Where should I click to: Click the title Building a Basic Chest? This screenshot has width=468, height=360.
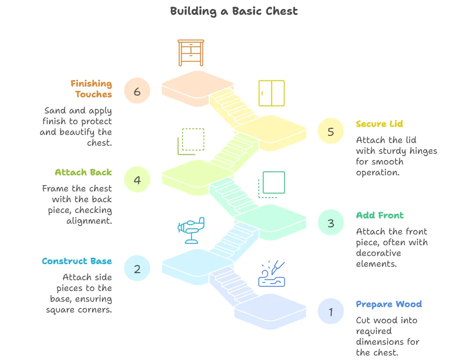234,11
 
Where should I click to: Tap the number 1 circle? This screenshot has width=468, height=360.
331,312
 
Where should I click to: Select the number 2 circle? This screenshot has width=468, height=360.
137,269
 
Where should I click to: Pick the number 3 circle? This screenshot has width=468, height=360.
331,223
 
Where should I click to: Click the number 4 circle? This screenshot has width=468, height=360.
137,180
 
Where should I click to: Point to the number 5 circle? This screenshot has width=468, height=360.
331,132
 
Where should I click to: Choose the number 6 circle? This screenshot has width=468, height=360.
137,91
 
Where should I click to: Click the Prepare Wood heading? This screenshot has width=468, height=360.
389,304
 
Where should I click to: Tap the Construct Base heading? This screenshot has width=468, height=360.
77,261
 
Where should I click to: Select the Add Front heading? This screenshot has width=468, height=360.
380,215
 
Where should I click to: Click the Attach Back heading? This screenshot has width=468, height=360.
83,172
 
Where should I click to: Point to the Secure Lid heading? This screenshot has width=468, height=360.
379,124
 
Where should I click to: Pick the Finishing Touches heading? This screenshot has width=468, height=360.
91,89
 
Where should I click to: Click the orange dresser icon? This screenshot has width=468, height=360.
191,52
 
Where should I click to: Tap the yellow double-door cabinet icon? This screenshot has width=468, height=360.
272,93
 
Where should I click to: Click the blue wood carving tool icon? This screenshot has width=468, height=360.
272,273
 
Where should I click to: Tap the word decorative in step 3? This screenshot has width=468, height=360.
378,253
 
